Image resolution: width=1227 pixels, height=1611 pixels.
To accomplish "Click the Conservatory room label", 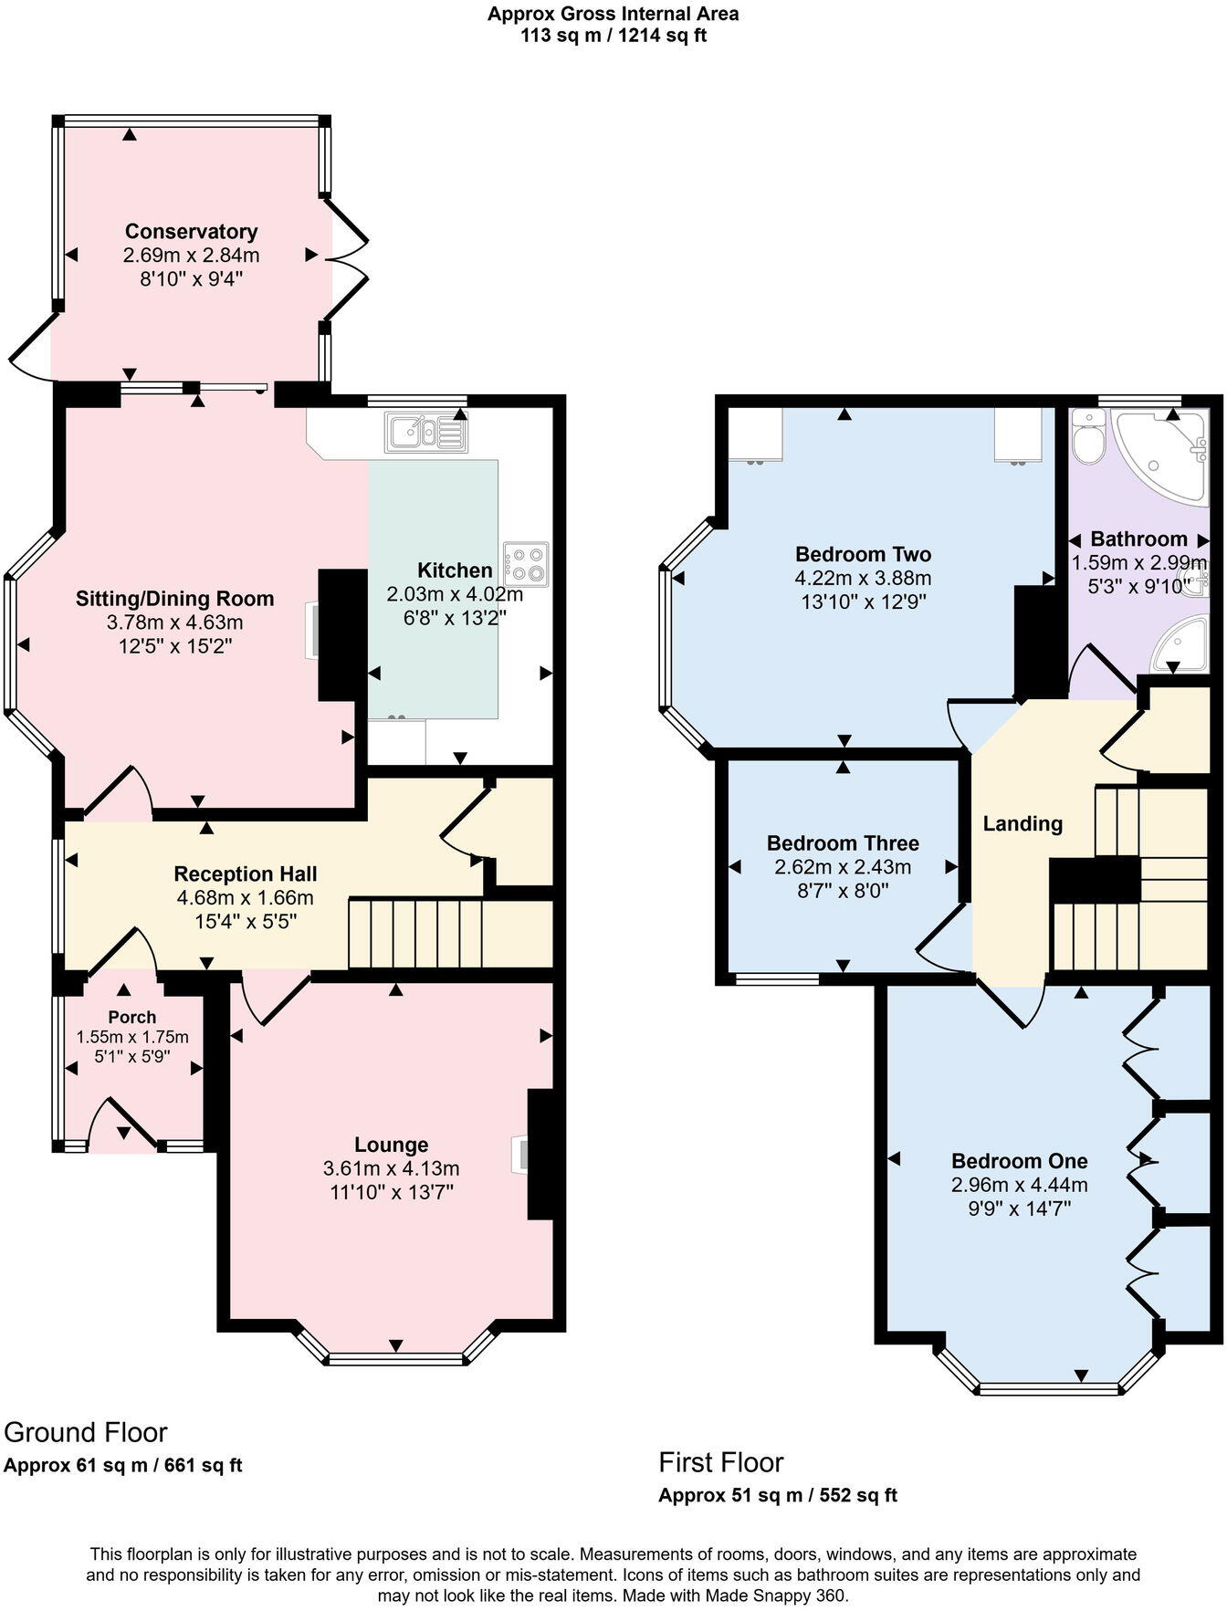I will pos(191,231).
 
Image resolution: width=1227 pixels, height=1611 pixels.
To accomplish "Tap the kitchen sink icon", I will pos(426,432).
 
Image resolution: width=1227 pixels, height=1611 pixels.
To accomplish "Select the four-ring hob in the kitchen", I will pos(526,563).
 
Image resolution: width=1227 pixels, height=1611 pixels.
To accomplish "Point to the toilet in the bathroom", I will pos(1087,439).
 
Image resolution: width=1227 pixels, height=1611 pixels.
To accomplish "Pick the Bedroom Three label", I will pos(842,842).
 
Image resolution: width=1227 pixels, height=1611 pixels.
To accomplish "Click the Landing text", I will pos(1022,823).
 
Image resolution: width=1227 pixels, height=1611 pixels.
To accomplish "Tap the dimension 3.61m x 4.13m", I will pos(391,1168).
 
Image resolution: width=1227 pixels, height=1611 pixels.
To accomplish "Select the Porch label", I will pos(131,1017).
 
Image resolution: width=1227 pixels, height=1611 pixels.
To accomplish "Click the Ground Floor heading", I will pos(86,1431).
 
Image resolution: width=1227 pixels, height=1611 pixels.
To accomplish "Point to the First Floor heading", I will pos(721,1462).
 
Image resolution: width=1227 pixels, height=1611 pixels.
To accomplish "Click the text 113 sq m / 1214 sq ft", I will pos(613,37).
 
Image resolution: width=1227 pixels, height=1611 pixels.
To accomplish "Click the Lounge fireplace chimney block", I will pos(540,1154).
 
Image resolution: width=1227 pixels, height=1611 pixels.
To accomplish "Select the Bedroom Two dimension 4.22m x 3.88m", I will pos(863,578).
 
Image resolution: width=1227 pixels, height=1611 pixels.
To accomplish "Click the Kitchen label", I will pos(454,570).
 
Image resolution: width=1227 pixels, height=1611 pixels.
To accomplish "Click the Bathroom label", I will pos(1138,539).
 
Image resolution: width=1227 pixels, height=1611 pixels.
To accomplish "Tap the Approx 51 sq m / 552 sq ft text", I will pos(777,1495).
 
